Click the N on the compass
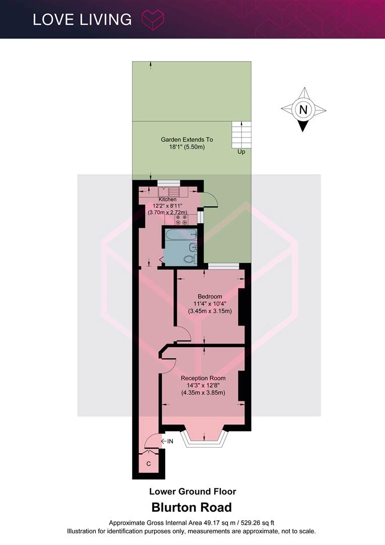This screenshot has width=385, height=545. click(303, 110)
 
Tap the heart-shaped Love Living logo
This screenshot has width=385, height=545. click(152, 20)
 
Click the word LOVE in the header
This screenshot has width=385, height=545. click(53, 20)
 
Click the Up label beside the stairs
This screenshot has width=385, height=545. click(241, 152)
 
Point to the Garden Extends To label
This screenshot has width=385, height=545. click(187, 139)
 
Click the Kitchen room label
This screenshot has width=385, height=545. click(167, 199)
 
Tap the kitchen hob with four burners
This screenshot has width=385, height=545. click(181, 220)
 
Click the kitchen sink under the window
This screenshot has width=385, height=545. click(169, 192)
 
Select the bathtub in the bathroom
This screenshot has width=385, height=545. click(181, 235)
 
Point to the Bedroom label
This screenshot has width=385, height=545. click(210, 297)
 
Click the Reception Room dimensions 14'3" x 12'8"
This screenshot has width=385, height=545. click(203, 386)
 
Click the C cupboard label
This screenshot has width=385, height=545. click(149, 464)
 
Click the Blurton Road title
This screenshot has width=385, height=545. click(191, 508)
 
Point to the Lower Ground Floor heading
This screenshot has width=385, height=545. click(192, 492)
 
